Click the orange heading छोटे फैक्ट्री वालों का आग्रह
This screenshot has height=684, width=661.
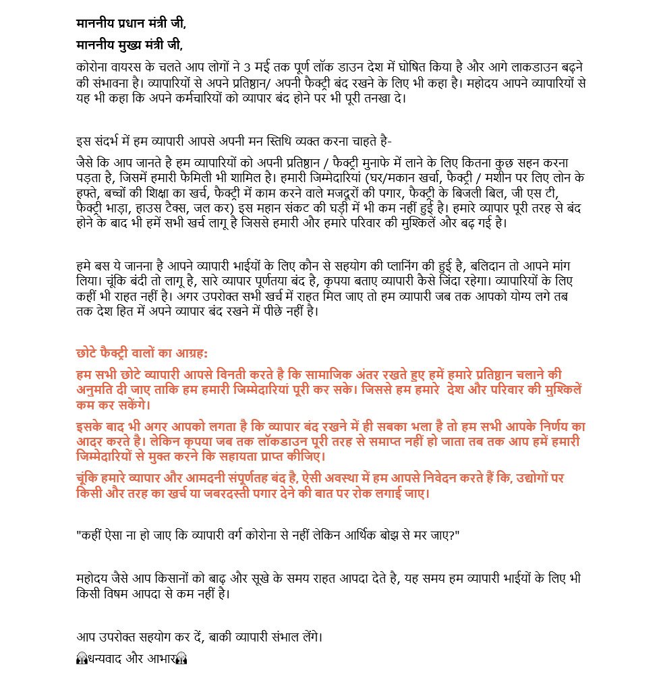click(142, 353)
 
